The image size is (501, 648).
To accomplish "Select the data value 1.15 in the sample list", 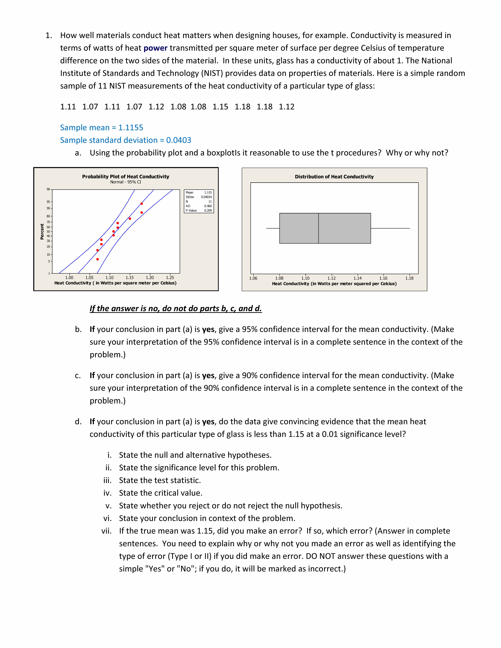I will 220,107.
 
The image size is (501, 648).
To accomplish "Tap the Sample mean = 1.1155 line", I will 101,128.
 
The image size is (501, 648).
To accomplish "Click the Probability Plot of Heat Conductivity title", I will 126,177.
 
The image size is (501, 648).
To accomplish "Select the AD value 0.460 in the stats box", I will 208,206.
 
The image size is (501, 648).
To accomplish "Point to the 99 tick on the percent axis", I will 48,189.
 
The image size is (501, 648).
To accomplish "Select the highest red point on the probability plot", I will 142,204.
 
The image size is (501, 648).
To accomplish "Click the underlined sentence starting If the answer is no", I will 176,309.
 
